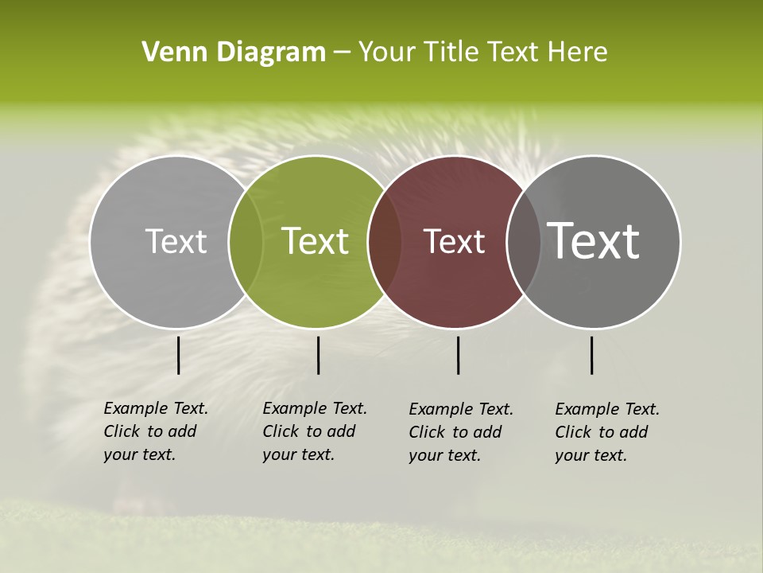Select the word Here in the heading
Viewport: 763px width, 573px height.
(x=577, y=53)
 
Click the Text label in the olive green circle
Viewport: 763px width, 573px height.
(x=316, y=241)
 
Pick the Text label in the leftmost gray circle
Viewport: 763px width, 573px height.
(x=176, y=241)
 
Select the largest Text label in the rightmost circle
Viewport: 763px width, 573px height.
(x=594, y=240)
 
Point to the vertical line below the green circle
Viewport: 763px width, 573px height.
(x=318, y=355)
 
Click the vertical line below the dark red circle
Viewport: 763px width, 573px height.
(x=459, y=355)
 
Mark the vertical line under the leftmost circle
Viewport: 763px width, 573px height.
(x=178, y=355)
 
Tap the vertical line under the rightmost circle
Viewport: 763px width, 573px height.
(x=592, y=355)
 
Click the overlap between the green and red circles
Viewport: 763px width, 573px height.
(x=385, y=242)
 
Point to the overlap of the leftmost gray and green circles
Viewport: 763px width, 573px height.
(x=246, y=242)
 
